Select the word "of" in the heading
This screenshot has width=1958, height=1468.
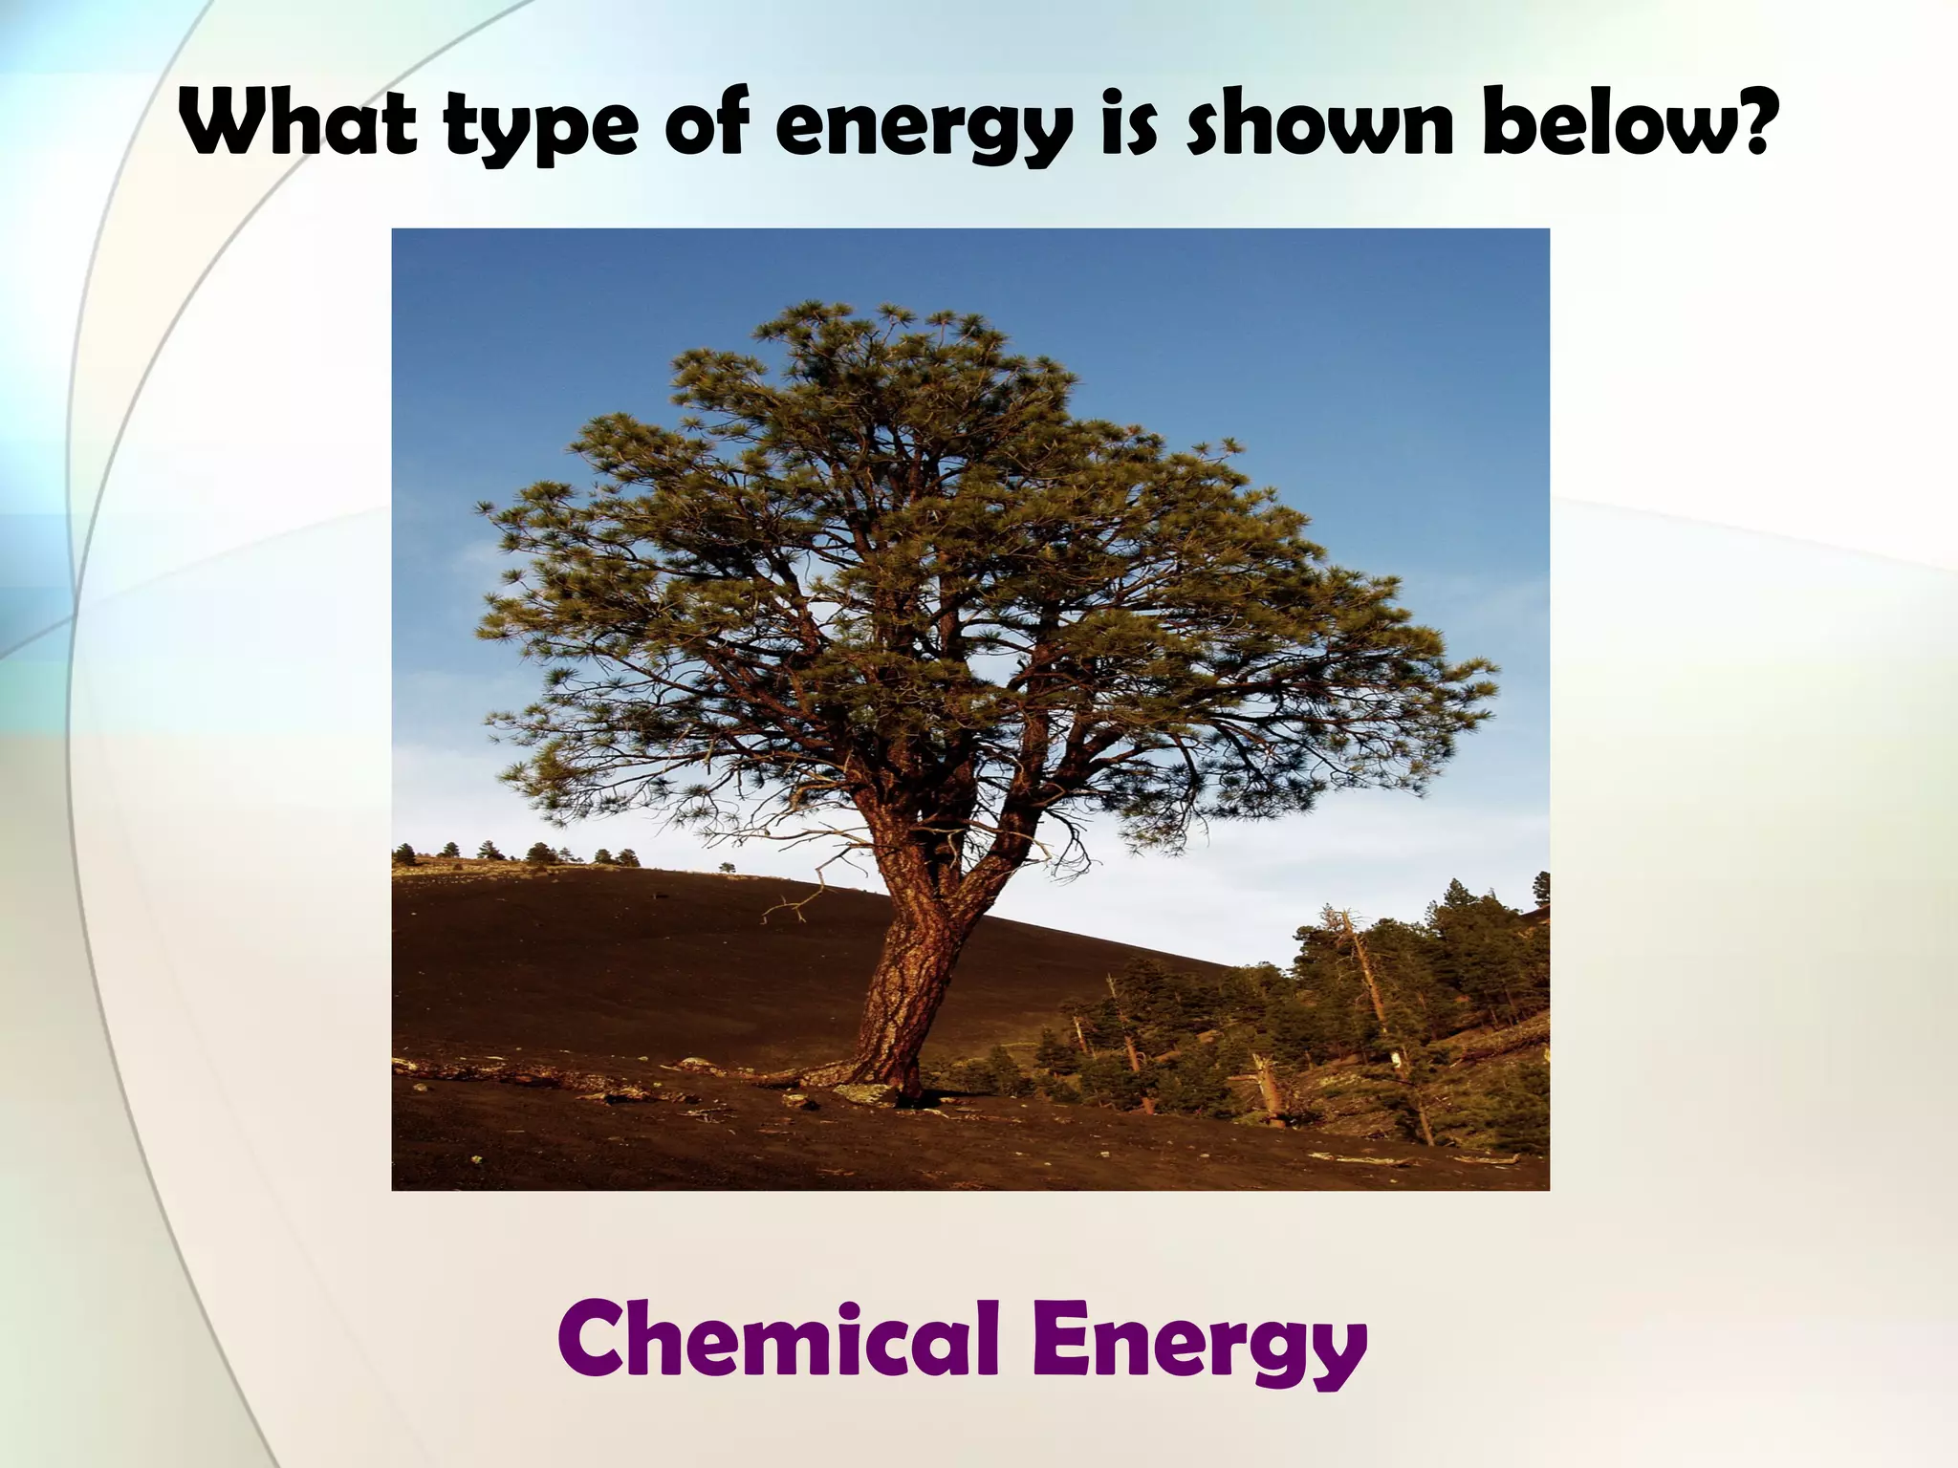click(709, 124)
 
